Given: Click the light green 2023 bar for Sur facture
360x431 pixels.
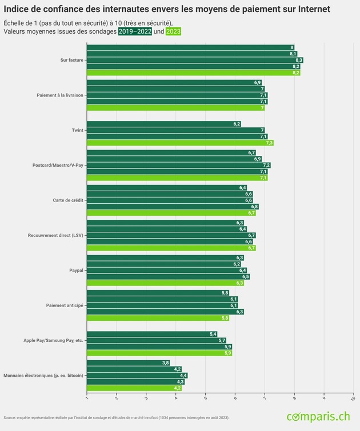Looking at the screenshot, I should click(193, 73).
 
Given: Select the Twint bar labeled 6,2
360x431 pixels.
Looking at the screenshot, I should click(163, 124).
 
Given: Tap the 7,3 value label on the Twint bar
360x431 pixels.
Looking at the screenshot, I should click(269, 143).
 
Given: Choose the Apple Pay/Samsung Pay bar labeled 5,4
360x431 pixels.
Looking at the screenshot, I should click(152, 334).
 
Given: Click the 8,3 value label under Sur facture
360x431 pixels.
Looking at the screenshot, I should click(298, 60).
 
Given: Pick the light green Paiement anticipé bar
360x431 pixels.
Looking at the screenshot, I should click(158, 318).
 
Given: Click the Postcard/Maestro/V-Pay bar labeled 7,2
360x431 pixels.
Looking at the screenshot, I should click(178, 166).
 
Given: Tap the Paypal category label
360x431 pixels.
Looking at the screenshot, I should click(76, 270).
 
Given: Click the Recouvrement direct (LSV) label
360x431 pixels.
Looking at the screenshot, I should click(55, 235).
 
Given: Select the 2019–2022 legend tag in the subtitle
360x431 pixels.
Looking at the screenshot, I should click(135, 31).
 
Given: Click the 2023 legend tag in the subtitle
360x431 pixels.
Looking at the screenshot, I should click(173, 31).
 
